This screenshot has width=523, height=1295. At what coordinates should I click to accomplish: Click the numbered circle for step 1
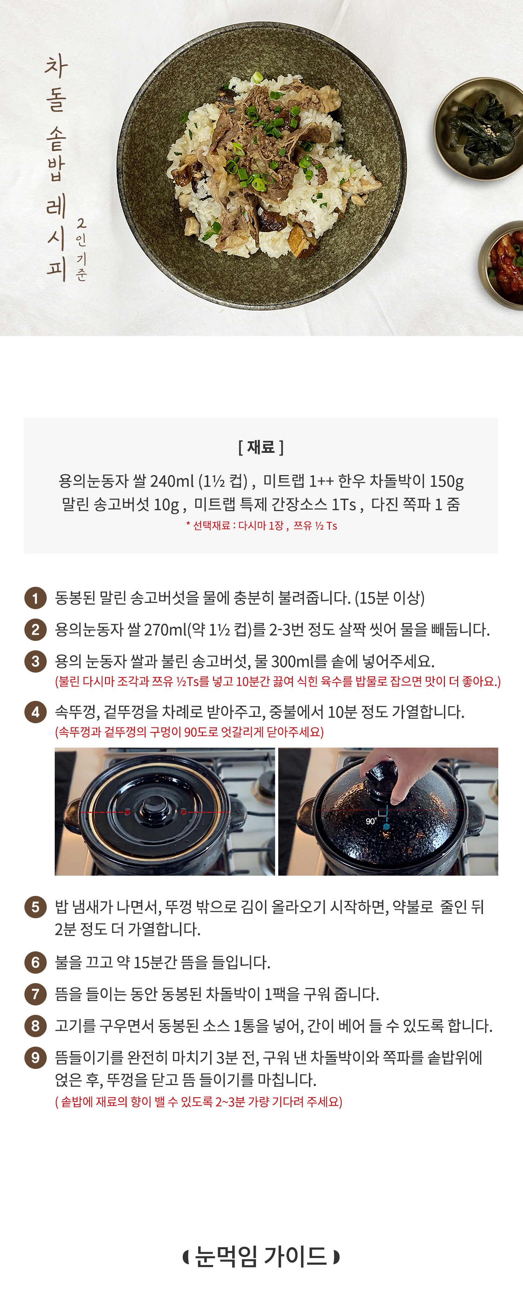[35, 598]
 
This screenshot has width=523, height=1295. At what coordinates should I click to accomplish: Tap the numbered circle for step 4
[35, 712]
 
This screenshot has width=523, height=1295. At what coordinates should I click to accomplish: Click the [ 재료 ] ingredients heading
[261, 447]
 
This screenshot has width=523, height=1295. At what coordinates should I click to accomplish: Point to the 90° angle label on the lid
[371, 821]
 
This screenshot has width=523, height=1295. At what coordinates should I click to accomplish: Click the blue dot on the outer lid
[386, 826]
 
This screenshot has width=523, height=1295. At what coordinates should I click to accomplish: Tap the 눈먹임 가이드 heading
[261, 1256]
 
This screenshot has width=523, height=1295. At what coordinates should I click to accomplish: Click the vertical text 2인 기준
[81, 249]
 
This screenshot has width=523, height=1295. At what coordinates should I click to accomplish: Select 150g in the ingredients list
[446, 481]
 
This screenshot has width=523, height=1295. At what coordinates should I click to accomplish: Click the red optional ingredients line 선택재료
[261, 525]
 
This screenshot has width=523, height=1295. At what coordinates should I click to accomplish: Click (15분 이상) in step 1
[389, 598]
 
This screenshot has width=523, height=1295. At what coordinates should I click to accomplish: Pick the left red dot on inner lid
[128, 812]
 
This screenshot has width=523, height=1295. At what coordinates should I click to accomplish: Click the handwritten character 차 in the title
[56, 66]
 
